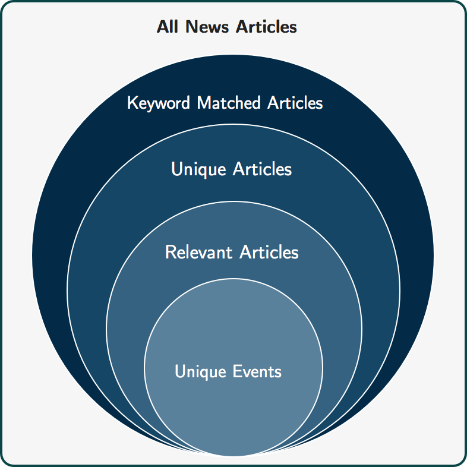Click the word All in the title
click(168, 27)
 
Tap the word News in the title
click(207, 27)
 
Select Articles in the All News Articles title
click(266, 27)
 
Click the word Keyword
click(159, 103)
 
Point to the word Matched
click(229, 103)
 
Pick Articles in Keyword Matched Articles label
click(295, 103)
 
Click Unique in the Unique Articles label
click(198, 170)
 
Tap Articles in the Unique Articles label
click(262, 169)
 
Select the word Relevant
click(198, 253)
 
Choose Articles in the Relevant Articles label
click(269, 253)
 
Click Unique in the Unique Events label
click(200, 372)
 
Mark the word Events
click(257, 371)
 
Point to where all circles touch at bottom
click(233, 456)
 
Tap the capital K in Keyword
click(132, 103)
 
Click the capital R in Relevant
click(170, 253)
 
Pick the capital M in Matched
click(204, 103)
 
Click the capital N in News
click(191, 27)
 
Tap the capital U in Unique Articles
click(176, 169)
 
